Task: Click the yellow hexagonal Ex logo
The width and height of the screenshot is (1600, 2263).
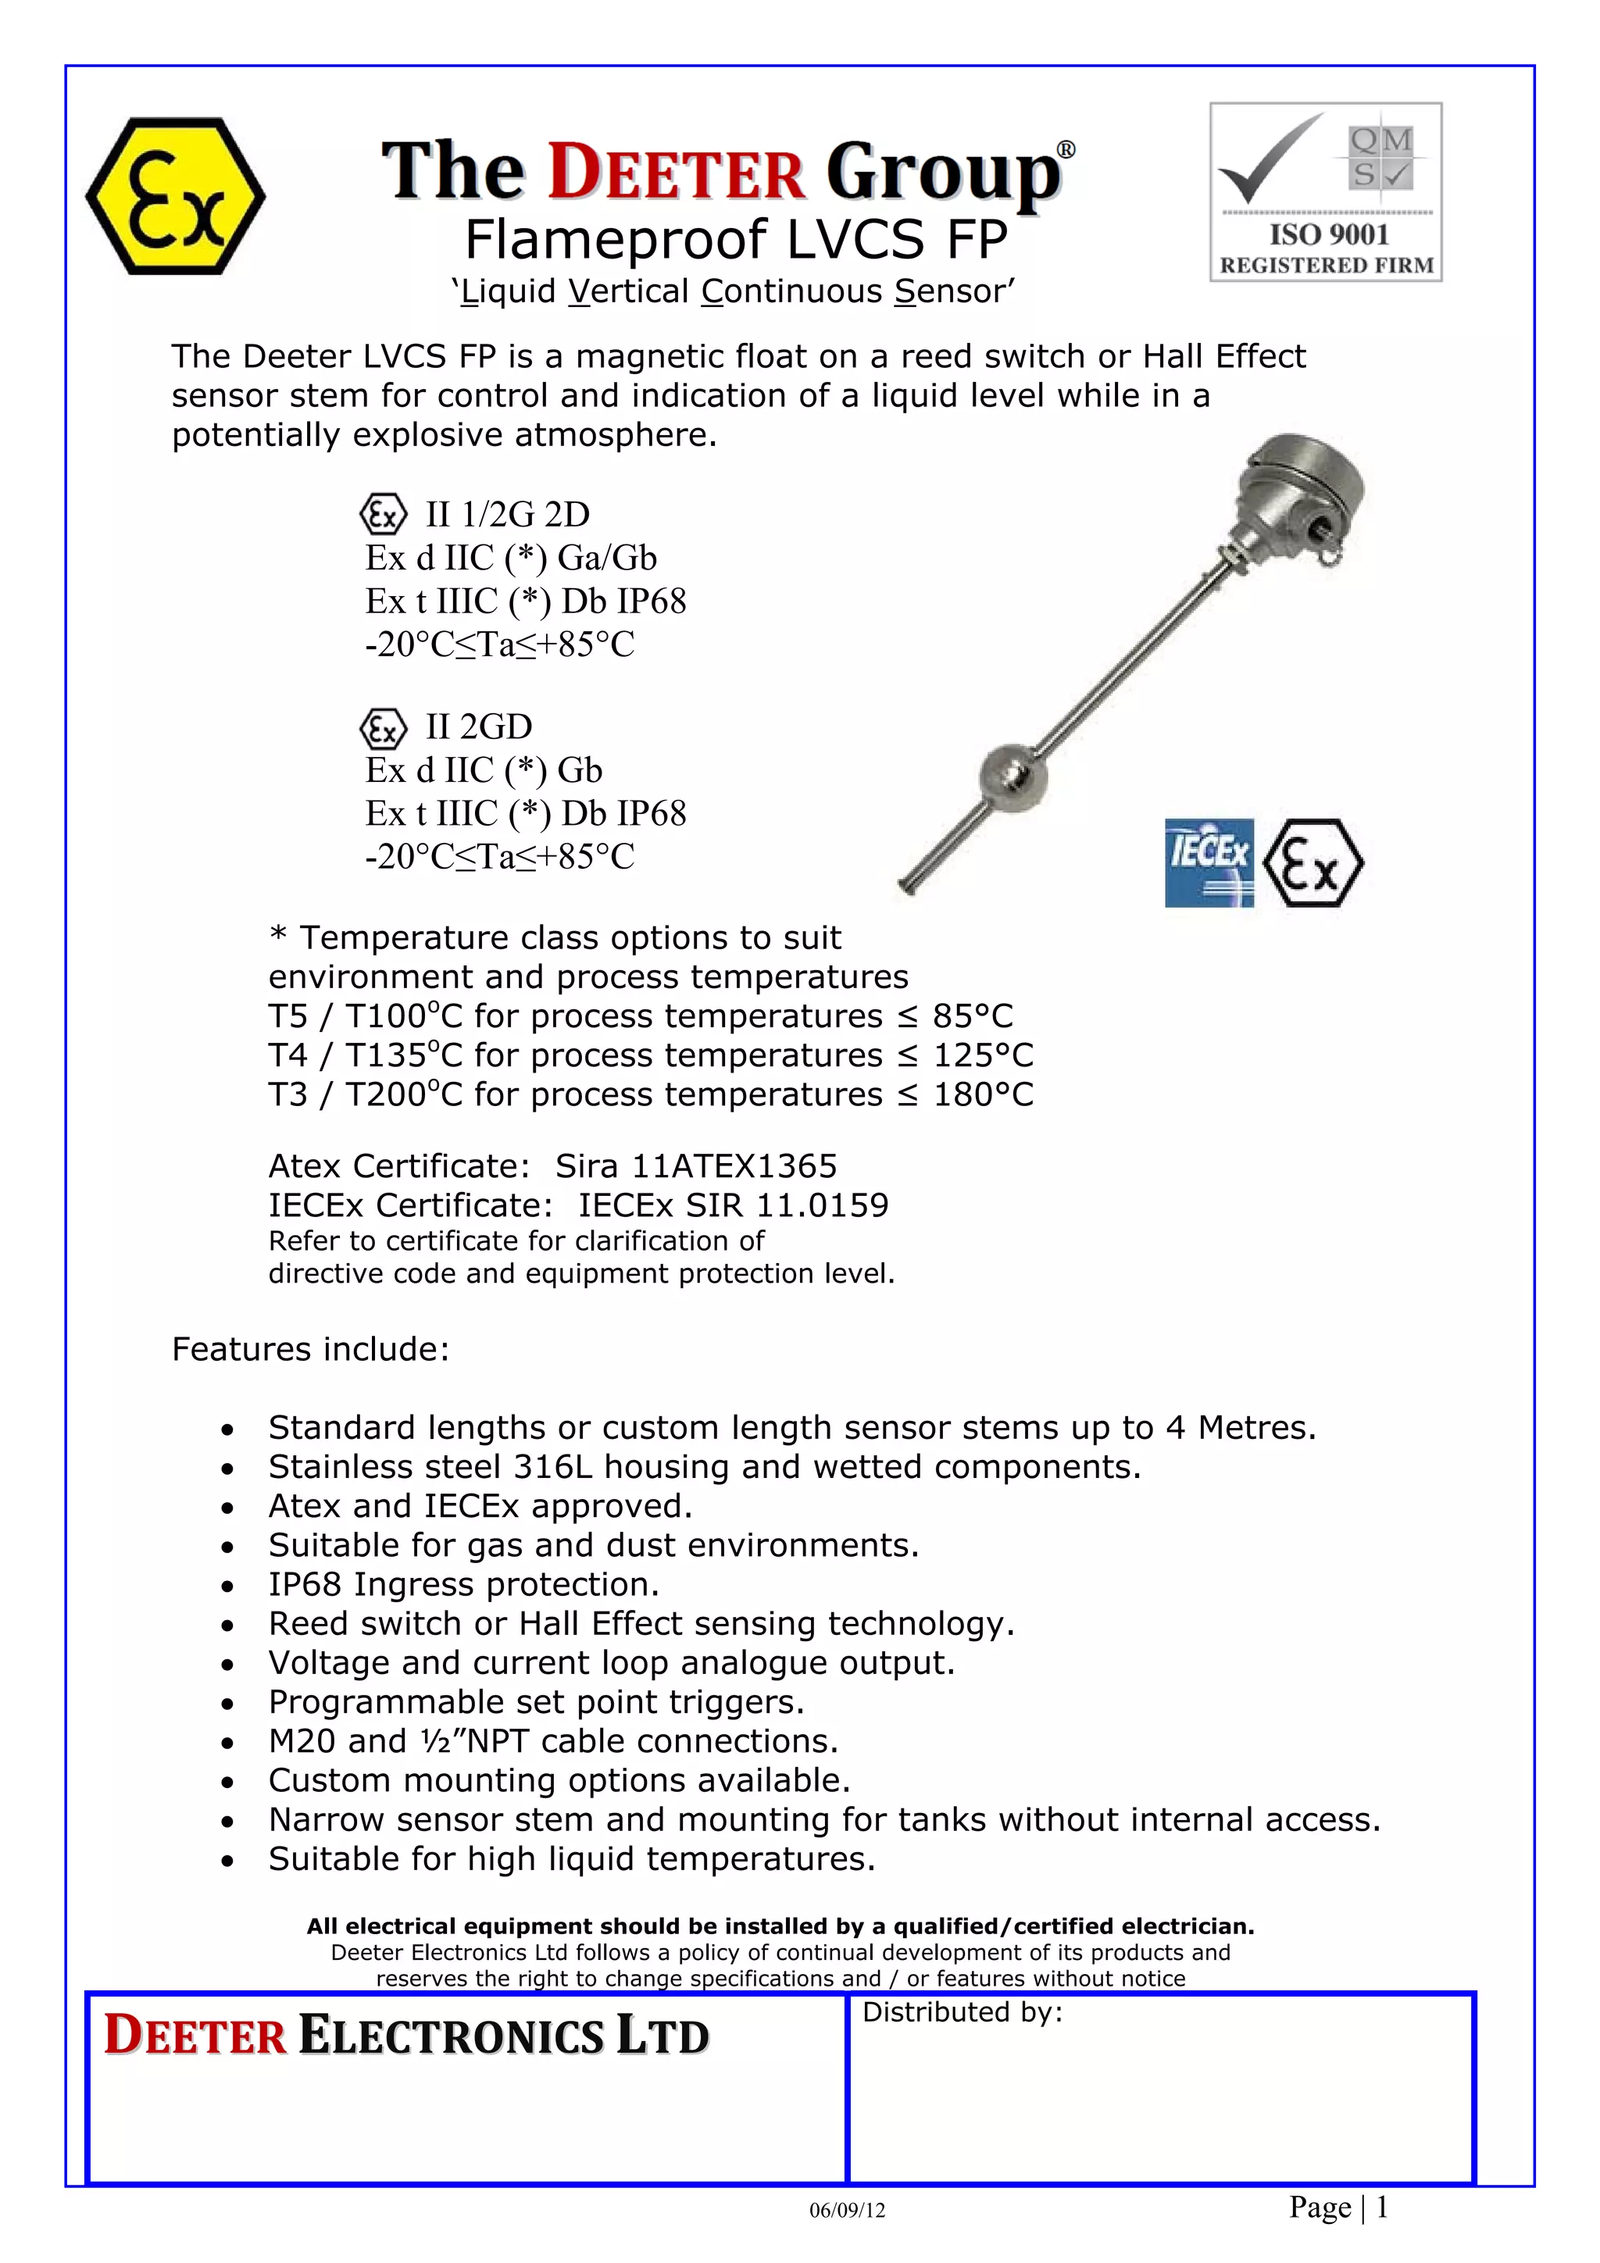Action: pos(176,196)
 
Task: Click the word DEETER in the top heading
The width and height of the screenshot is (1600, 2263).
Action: pos(677,173)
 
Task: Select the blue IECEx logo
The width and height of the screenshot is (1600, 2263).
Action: pos(1209,862)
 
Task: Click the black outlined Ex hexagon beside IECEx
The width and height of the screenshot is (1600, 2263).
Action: pos(1312,862)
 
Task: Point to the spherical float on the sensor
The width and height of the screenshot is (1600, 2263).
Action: pos(1012,775)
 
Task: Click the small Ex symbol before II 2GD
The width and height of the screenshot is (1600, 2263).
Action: pos(384,728)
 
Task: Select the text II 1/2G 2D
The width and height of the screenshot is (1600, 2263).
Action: pos(507,515)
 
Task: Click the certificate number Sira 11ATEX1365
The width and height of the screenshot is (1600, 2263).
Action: pos(696,1166)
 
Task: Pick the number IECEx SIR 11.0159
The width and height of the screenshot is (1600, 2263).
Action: pos(733,1205)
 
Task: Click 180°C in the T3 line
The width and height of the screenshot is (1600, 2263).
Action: pos(983,1094)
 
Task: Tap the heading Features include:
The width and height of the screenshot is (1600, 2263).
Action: pos(310,1348)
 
